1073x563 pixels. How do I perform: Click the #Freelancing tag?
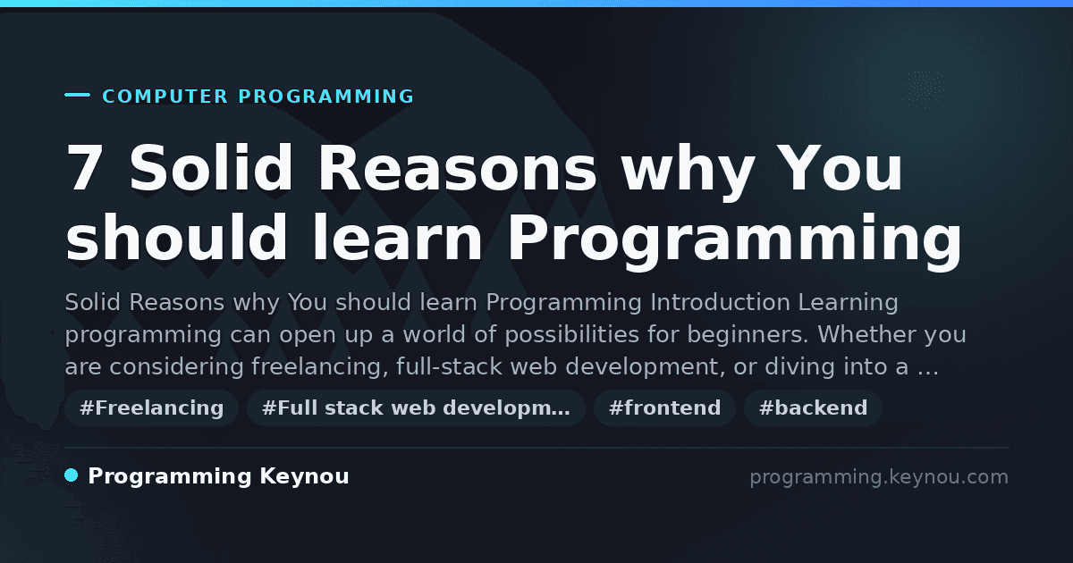(x=151, y=408)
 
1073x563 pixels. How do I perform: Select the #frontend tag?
(x=664, y=408)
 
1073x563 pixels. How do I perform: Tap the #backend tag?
(x=813, y=408)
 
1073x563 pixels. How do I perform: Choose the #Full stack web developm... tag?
(x=416, y=408)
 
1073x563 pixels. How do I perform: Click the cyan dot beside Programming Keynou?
(x=71, y=475)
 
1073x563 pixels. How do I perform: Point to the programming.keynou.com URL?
(x=879, y=477)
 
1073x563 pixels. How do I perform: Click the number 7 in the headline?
(x=84, y=168)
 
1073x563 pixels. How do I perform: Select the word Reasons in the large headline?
(x=457, y=168)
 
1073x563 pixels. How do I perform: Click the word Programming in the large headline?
(x=734, y=239)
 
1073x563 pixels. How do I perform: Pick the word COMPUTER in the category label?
(x=165, y=97)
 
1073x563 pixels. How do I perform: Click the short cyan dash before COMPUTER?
(x=77, y=95)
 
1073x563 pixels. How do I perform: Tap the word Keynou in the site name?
(x=304, y=477)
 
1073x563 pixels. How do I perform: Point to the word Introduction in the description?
(x=720, y=302)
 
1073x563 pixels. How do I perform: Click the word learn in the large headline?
(x=397, y=238)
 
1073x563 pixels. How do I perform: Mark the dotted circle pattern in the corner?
(x=924, y=89)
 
